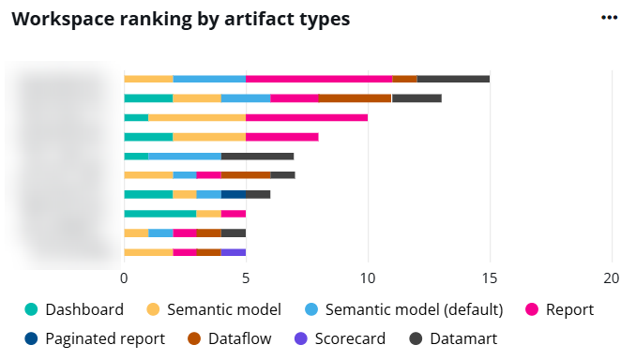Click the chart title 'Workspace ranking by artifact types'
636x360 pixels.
180,19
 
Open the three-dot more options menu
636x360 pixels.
610,18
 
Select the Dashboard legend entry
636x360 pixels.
83,309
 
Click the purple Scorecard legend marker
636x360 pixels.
300,338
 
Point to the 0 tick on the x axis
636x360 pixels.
124,278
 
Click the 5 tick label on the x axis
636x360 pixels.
246,278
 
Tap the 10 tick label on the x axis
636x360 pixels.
368,278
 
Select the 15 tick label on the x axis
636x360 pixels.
490,278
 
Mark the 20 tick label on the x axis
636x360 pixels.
612,278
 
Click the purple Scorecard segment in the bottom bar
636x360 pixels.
234,251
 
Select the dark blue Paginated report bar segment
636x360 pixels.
234,194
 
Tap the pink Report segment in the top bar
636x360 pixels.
319,79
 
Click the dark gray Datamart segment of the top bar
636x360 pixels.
453,79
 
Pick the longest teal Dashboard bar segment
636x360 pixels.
159,213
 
